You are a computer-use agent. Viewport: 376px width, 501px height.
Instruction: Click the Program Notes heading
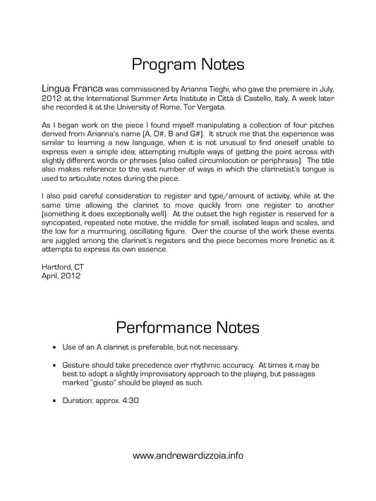point(188,64)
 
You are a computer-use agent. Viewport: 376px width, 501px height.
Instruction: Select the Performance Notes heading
point(188,327)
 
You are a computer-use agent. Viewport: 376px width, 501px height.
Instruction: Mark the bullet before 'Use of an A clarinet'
point(56,347)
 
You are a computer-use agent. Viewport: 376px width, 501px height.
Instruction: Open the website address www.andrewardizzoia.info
point(188,455)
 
